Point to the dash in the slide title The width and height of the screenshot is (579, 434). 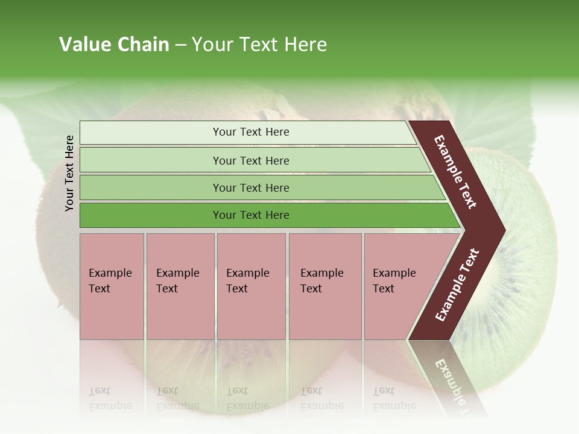180,45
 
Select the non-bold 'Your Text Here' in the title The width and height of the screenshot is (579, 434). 259,45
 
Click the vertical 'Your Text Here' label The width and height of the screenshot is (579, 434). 69,173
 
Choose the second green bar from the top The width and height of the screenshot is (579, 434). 250,160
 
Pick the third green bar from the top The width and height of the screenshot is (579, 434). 250,187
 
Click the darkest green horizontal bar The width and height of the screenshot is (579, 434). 250,215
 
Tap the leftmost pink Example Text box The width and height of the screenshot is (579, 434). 112,286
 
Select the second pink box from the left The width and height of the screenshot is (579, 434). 180,286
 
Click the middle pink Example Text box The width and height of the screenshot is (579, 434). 251,286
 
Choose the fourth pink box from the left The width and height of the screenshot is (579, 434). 325,286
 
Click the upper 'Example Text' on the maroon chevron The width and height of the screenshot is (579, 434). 455,172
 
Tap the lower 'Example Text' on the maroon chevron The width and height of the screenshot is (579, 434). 457,285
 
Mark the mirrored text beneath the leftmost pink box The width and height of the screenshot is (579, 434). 110,398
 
